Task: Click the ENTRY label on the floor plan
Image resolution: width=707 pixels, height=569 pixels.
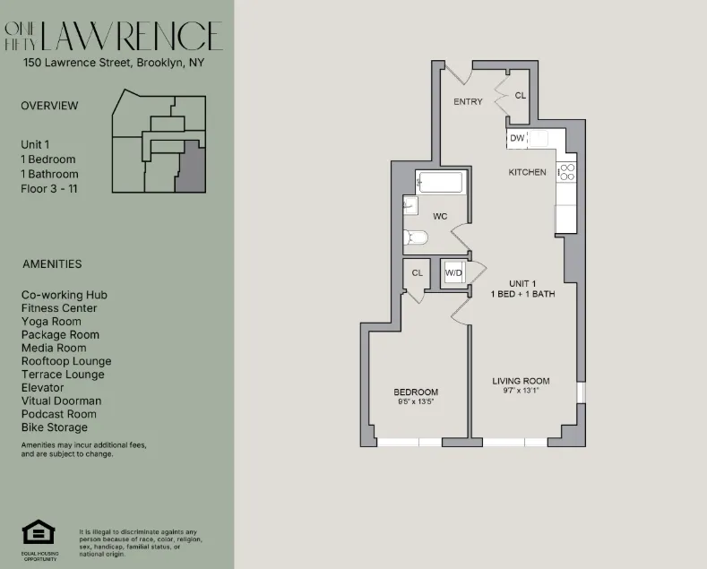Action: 468,101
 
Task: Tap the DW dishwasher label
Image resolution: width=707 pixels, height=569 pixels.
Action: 517,138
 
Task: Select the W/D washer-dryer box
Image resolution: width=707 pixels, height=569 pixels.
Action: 454,272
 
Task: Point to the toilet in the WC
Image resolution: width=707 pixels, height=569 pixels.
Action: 416,237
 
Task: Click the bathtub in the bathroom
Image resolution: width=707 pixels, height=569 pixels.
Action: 440,184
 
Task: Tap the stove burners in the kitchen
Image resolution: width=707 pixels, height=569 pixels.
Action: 566,173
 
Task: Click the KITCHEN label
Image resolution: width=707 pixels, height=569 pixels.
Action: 527,172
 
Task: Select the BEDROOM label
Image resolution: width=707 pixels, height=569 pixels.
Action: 416,392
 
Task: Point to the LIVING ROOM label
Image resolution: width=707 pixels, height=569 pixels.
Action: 521,381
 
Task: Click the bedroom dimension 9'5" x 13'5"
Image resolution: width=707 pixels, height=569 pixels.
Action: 416,402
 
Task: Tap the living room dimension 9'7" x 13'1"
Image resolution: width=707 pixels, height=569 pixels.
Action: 521,391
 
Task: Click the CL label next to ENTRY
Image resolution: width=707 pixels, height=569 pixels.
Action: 521,95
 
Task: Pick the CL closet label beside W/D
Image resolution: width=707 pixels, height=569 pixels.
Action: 417,272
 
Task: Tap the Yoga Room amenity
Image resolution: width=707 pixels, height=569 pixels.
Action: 51,322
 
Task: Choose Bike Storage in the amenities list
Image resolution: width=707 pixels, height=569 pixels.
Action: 55,427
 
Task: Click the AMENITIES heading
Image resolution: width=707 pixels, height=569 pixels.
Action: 51,264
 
